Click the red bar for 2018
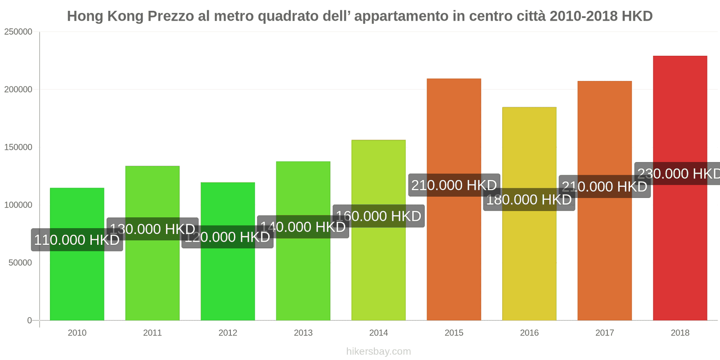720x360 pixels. pyautogui.click(x=680, y=247)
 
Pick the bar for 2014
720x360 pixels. pyautogui.click(x=378, y=270)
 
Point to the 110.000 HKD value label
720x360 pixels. pyautogui.click(x=77, y=240)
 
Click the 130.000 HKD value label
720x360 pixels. pyautogui.click(x=153, y=229)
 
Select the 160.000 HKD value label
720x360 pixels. pyautogui.click(x=378, y=216)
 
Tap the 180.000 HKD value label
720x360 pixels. pyautogui.click(x=529, y=199)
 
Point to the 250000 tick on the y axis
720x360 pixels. pyautogui.click(x=18, y=32)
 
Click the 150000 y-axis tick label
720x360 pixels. pyautogui.click(x=18, y=148)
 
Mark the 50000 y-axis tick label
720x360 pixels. pyautogui.click(x=20, y=263)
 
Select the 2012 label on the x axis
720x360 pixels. pyautogui.click(x=228, y=333)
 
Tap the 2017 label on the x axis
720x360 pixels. pyautogui.click(x=605, y=333)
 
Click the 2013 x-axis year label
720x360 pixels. pyautogui.click(x=303, y=333)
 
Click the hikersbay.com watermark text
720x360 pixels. pyautogui.click(x=378, y=351)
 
